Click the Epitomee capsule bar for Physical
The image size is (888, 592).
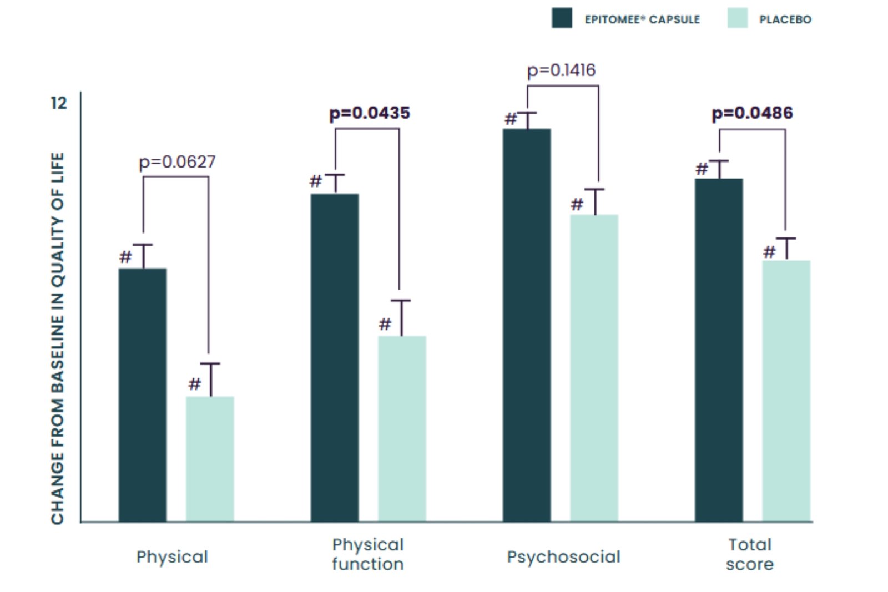(143, 394)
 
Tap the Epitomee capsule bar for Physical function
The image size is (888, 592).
(335, 357)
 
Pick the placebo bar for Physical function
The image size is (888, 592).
(402, 428)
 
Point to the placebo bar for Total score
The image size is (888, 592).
(786, 391)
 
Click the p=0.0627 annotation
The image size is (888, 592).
(177, 162)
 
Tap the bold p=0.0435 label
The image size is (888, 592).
(370, 113)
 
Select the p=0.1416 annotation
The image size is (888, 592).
(561, 70)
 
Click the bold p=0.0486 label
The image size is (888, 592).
(752, 113)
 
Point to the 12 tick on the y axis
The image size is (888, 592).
(58, 103)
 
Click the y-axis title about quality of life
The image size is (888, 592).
(58, 338)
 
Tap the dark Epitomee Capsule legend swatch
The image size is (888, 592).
(562, 18)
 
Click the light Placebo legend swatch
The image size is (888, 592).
(738, 18)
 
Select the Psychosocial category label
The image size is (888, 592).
(563, 557)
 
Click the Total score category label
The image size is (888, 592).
(750, 554)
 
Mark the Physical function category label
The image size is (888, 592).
(368, 554)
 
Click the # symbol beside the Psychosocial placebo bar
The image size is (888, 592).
(577, 205)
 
